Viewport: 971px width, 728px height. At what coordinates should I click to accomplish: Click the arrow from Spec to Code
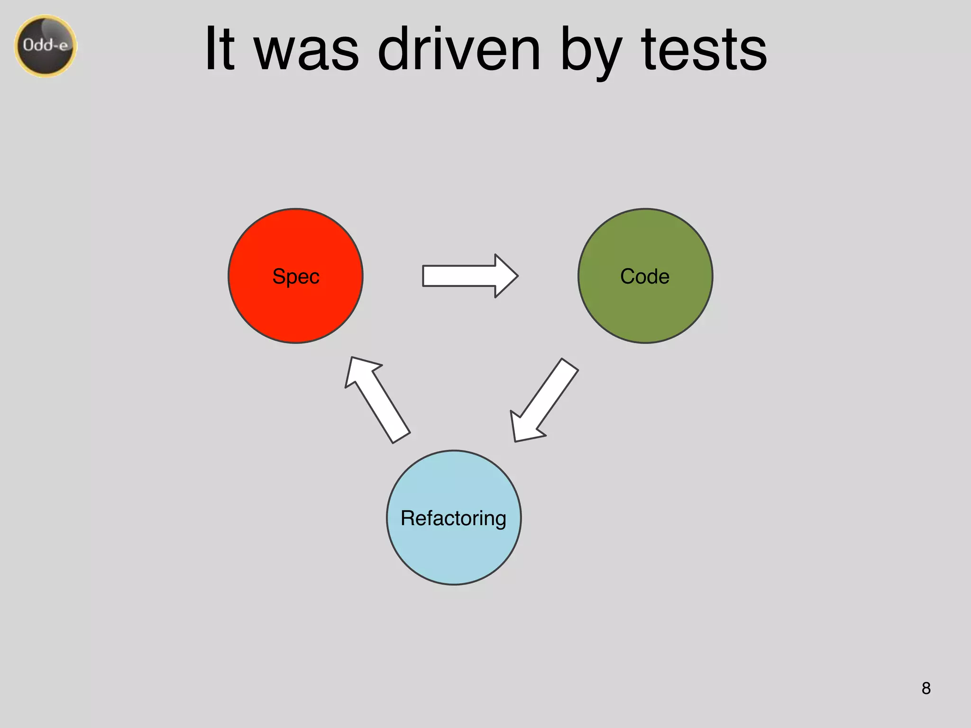469,276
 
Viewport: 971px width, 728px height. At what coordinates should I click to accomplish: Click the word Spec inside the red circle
296,276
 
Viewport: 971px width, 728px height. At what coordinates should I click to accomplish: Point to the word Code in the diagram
645,276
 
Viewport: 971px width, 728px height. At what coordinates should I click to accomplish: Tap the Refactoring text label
453,518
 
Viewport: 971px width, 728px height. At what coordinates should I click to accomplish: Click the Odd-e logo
46,45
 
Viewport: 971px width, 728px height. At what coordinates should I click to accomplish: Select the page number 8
926,688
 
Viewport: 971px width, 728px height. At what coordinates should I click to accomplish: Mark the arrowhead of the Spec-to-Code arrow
505,276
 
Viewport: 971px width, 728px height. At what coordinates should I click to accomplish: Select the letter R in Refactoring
407,518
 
